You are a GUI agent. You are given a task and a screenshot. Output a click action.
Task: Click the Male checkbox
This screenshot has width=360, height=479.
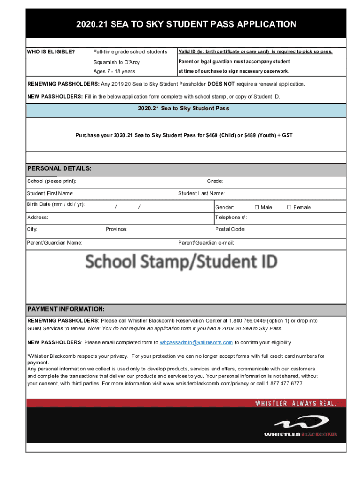pos(257,207)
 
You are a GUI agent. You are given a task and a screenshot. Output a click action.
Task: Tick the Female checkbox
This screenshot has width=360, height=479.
pos(289,207)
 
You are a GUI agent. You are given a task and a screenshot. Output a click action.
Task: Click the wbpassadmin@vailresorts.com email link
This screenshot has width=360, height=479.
pos(196,342)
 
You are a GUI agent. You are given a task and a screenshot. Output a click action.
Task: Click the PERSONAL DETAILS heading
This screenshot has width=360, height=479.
pos(59,168)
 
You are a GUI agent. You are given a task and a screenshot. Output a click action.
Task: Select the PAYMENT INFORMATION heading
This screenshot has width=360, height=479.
pos(66,310)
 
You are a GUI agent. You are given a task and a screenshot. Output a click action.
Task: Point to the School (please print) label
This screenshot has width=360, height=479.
pos(52,181)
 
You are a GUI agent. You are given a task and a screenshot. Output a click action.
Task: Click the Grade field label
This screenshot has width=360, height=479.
pos(215,181)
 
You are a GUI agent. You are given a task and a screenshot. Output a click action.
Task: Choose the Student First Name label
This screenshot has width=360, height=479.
pos(50,193)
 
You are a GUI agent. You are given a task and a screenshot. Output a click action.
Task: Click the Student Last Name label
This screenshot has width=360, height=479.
pos(202,193)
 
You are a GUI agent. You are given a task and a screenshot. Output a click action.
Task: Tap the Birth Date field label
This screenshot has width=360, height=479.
pos(56,204)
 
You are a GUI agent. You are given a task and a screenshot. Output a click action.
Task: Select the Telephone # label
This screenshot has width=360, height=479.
pos(231,217)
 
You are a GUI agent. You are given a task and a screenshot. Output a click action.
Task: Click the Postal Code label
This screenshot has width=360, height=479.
pos(230,229)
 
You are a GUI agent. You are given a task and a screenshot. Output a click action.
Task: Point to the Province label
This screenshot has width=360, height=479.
pos(116,229)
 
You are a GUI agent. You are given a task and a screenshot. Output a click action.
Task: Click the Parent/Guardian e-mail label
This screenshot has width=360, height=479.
pos(206,243)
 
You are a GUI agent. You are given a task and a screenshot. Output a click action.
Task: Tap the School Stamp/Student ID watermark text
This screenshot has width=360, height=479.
pos(181,261)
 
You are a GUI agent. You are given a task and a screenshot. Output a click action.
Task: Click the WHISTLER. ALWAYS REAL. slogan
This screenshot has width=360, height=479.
pos(295,403)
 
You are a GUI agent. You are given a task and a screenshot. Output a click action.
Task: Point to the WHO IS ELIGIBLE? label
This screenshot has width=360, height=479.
pos(51,51)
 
